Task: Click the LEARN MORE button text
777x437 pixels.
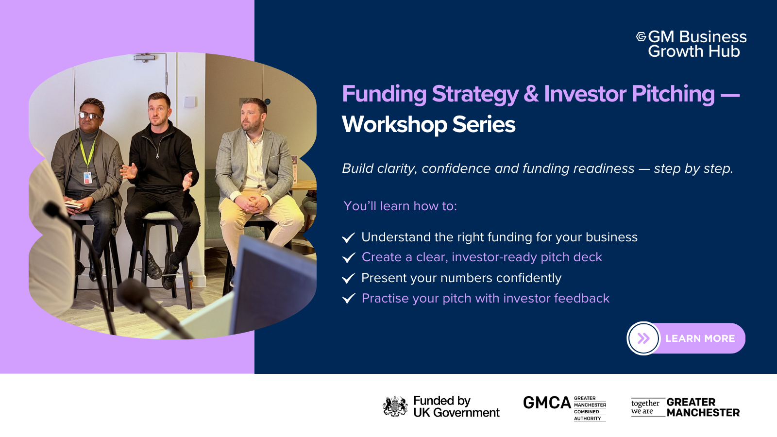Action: click(700, 338)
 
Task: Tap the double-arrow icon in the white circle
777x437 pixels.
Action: click(643, 338)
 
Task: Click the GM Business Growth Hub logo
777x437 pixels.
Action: click(692, 44)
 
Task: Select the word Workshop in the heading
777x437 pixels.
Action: click(394, 124)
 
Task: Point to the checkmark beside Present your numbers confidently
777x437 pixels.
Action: click(349, 278)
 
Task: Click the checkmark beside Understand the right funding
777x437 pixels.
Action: click(349, 237)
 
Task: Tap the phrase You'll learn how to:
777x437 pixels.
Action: click(400, 206)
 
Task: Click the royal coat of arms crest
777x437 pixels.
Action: click(395, 406)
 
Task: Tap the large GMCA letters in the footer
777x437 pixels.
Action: click(547, 403)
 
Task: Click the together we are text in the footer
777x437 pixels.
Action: click(645, 407)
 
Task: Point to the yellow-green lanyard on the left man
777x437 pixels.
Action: click(87, 153)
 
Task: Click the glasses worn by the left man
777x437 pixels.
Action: click(90, 116)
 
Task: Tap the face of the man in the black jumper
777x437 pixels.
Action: click(158, 112)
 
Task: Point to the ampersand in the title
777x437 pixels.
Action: click(531, 94)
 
